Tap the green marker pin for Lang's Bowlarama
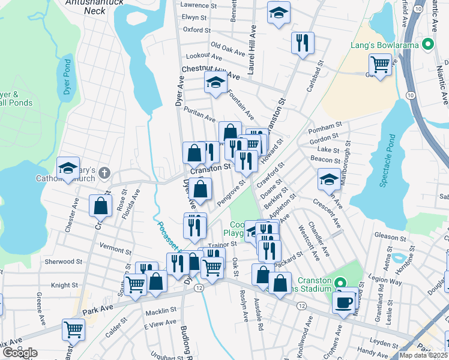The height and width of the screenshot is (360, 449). [427, 44]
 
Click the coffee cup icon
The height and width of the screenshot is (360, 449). [343, 302]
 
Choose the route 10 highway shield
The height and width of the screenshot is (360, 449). [409, 95]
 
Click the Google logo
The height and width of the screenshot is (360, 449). [19, 353]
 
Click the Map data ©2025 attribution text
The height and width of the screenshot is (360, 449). [423, 355]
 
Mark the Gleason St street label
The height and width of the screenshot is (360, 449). [390, 236]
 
